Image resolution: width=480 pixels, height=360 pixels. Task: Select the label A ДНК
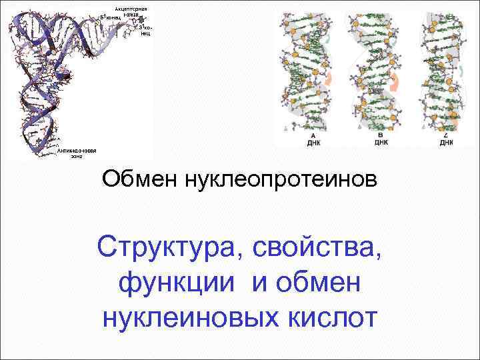[312, 139]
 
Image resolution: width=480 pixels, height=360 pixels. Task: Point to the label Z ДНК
[445, 139]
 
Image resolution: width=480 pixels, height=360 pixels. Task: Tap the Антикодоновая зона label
[77, 153]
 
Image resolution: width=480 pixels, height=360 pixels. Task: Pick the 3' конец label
[145, 29]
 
